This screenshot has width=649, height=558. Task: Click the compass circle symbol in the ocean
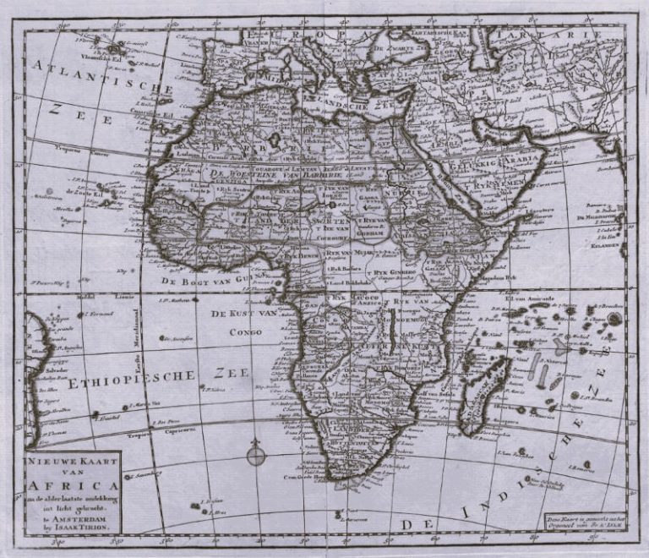point(256,457)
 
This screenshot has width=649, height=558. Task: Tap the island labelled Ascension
point(162,339)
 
